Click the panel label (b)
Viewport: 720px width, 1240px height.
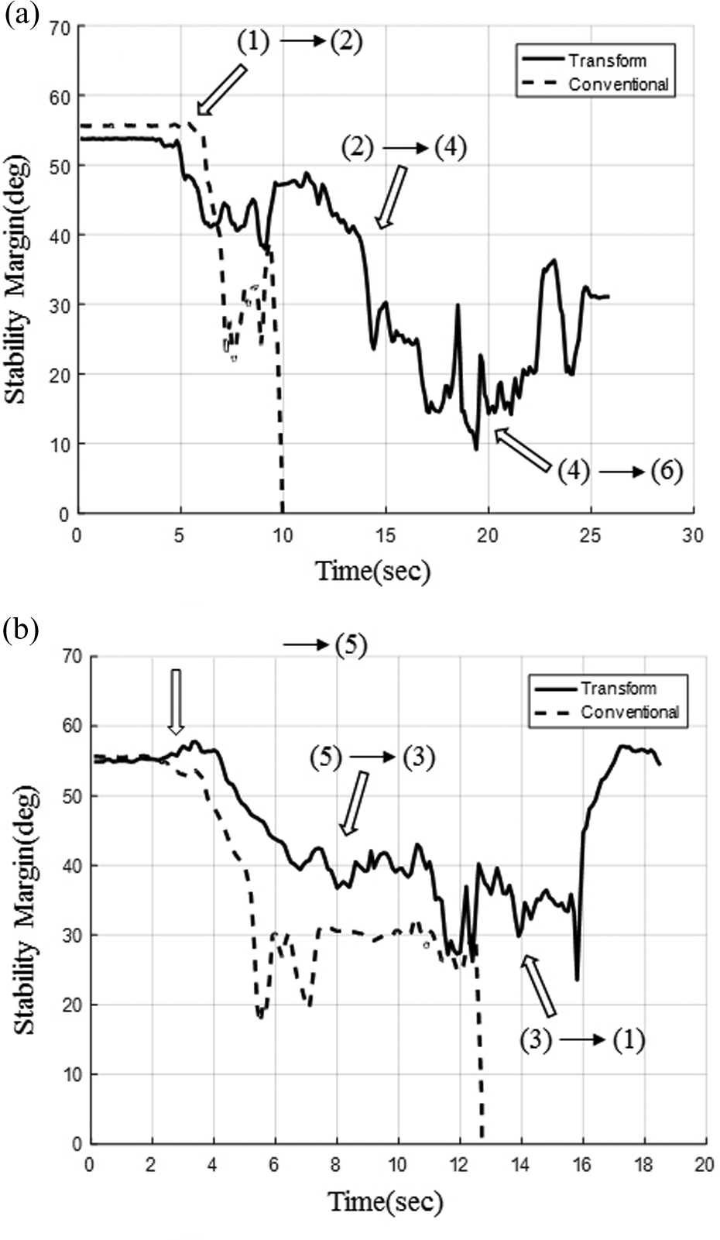pos(21,630)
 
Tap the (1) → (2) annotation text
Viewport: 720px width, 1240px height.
pos(299,41)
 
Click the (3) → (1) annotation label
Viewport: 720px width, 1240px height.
pos(582,1040)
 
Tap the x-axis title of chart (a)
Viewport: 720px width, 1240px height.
pos(372,572)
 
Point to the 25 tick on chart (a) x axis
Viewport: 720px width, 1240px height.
pos(590,535)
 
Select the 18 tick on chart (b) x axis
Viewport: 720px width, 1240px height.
pos(643,1165)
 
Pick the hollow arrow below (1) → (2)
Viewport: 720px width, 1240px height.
pos(221,90)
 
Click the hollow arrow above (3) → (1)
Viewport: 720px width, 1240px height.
pos(540,985)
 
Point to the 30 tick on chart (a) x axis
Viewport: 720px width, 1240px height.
pos(693,535)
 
